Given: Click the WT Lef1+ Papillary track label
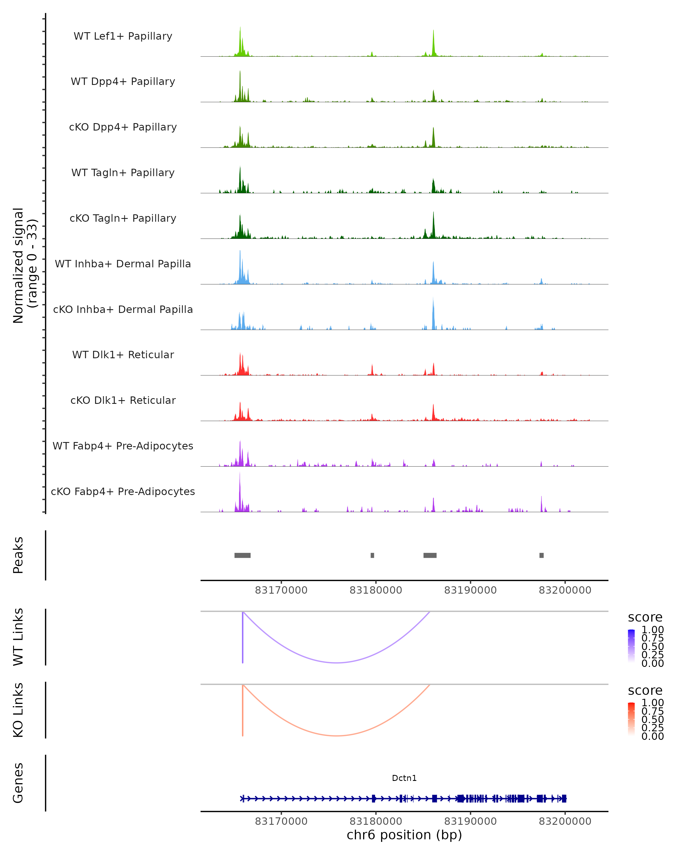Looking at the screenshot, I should click(123, 36).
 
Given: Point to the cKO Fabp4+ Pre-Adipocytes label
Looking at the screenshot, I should click(123, 491).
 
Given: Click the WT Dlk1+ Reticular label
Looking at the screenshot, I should click(123, 355).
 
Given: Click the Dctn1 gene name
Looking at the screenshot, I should click(404, 778).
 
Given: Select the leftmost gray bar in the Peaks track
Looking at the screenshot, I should click(242, 555).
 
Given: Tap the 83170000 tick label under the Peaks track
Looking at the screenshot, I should click(281, 590).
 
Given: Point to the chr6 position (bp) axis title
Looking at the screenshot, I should click(404, 835).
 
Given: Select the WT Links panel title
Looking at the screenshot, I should click(18, 637).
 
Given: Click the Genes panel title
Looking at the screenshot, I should click(18, 783).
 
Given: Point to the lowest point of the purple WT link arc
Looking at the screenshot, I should click(336, 663).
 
